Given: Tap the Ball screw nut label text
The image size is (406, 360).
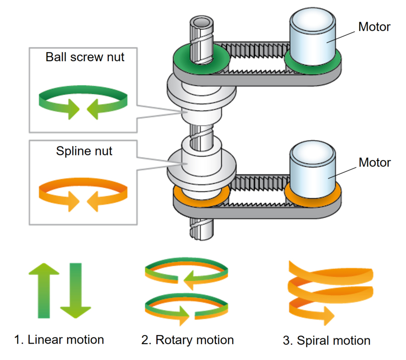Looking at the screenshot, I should pos(85,57).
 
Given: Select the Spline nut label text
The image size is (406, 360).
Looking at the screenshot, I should pos(84,151).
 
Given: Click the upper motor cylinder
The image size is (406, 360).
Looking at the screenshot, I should pos(313,39).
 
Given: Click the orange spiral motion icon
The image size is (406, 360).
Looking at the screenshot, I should pos(329,292).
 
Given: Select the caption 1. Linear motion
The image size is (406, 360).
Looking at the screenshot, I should pos(59,340).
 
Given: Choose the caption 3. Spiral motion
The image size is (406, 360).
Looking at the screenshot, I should pos(327,340).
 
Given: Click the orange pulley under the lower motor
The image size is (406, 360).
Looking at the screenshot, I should pos(313,198).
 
